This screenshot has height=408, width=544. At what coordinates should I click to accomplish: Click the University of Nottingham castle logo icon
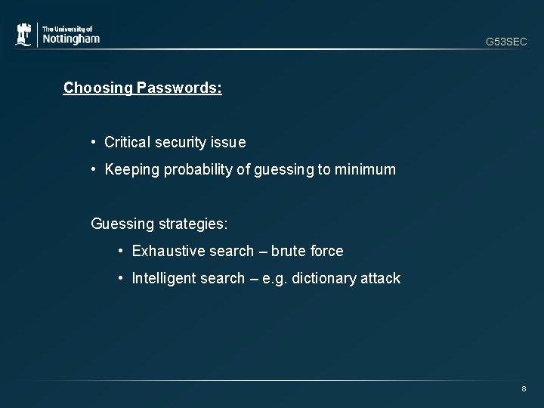(x=24, y=36)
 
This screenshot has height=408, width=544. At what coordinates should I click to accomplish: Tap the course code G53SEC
(x=505, y=42)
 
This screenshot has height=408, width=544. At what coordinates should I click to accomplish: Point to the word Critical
(x=127, y=142)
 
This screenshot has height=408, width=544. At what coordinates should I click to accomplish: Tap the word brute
(x=289, y=251)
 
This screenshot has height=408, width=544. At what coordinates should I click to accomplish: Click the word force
(x=326, y=251)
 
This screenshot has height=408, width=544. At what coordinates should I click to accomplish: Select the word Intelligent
(x=163, y=278)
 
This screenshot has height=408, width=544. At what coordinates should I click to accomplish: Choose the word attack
(x=381, y=278)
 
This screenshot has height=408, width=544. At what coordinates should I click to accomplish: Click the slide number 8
(x=524, y=389)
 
